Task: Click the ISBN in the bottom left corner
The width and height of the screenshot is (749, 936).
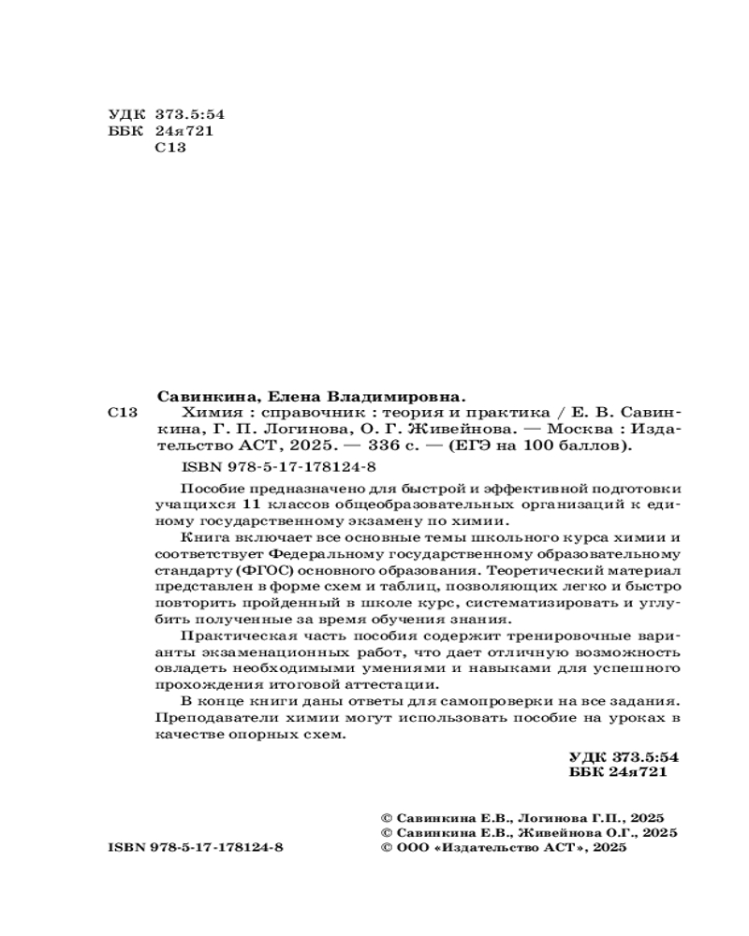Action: click(195, 847)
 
